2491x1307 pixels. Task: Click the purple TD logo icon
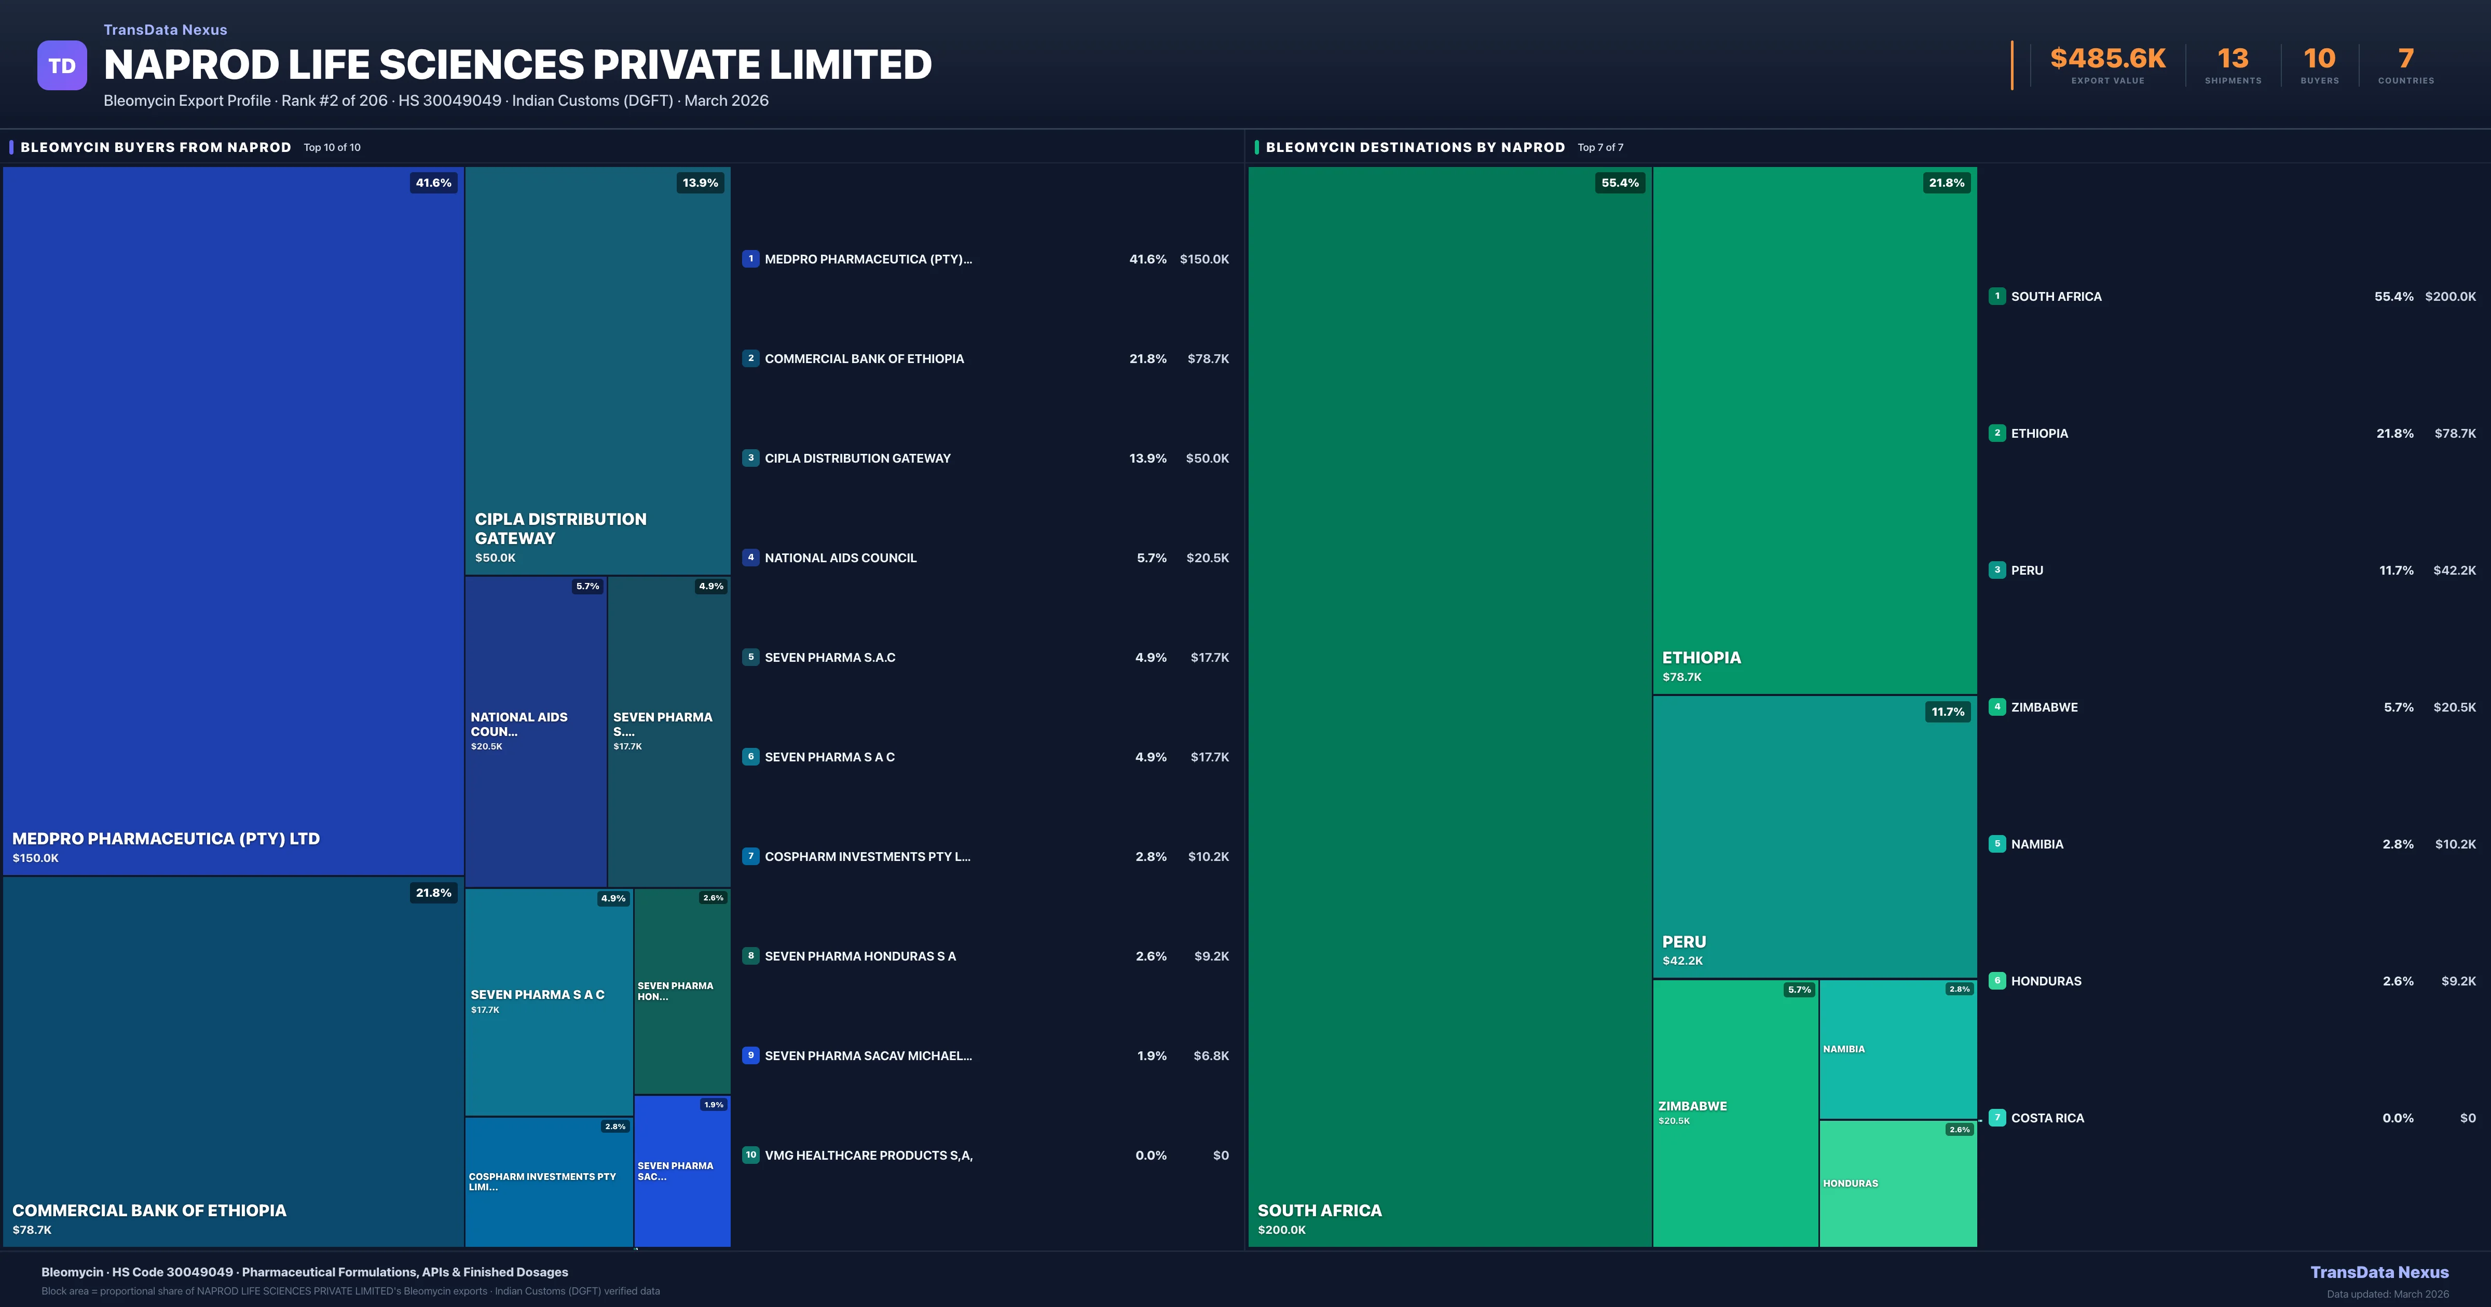coord(62,66)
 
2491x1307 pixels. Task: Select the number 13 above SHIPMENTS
coord(2232,59)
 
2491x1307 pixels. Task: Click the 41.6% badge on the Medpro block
coord(433,183)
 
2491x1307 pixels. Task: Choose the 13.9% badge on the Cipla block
coord(700,183)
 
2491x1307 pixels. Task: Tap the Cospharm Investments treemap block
coord(549,1181)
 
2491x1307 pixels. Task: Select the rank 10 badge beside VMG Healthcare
coord(750,1155)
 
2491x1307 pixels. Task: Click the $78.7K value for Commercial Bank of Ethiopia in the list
coord(1208,359)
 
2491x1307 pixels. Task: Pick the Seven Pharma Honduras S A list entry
coord(860,956)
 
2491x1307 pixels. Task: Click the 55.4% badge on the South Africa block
coord(1620,183)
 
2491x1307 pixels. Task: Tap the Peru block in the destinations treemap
coord(1814,836)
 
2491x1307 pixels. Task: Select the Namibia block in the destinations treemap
coord(1897,1049)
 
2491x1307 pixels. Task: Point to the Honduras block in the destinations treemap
coord(1897,1183)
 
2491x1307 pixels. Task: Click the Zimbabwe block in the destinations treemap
coord(1735,1111)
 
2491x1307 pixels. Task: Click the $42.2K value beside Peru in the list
coord(2454,571)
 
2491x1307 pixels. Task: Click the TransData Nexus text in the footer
coord(2379,1272)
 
